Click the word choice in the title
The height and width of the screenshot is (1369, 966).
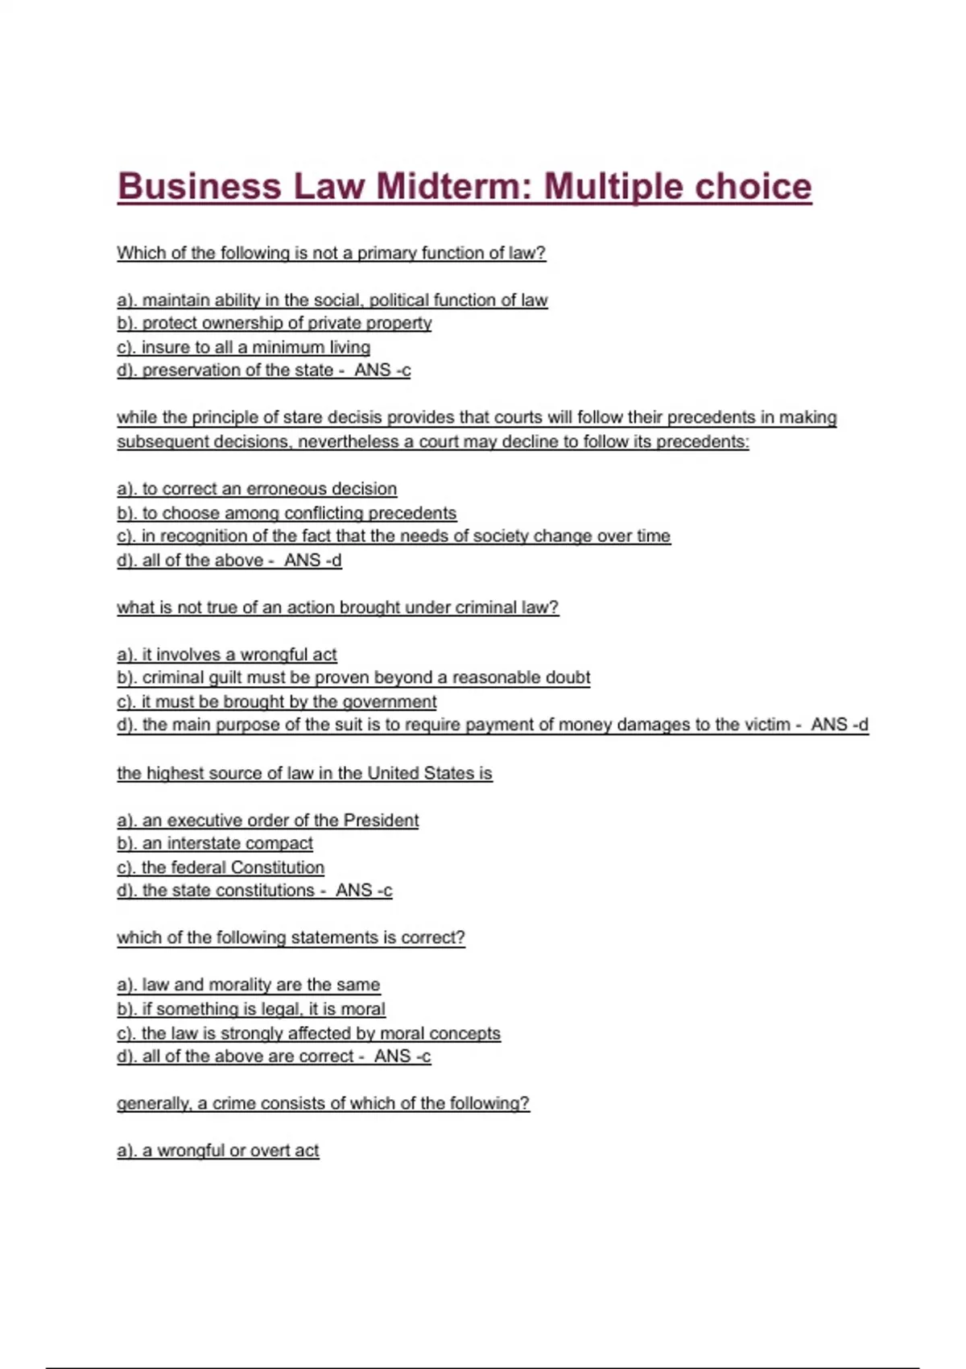click(753, 186)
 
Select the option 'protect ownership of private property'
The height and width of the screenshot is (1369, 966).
click(274, 323)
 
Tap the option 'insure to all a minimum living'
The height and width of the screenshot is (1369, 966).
click(243, 347)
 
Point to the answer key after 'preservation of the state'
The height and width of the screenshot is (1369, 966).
click(382, 370)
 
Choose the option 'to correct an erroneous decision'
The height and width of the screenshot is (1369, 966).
click(257, 489)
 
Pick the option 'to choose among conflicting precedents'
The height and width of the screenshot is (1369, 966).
click(287, 513)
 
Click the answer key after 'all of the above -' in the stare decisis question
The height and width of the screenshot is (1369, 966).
click(312, 560)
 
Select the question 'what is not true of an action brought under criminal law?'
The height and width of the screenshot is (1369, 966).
click(337, 607)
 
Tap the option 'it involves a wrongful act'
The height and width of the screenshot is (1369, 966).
click(227, 655)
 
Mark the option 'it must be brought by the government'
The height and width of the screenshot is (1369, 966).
click(277, 701)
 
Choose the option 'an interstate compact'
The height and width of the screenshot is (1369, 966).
click(215, 843)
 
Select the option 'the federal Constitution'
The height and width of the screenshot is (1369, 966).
click(221, 867)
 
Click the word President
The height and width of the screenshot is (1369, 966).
click(381, 820)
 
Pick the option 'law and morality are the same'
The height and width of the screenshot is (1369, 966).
click(248, 985)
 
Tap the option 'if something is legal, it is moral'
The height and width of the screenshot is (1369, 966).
click(251, 1009)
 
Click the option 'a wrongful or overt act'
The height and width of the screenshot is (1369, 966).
click(218, 1151)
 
